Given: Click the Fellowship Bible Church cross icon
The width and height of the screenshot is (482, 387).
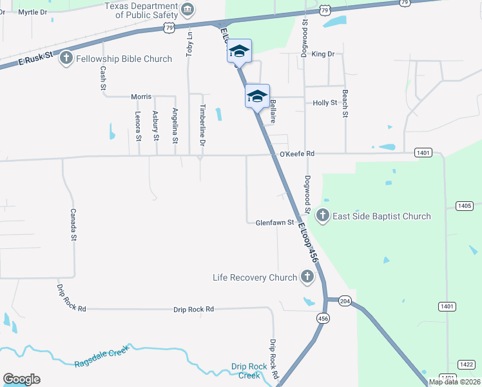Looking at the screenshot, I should pyautogui.click(x=66, y=59).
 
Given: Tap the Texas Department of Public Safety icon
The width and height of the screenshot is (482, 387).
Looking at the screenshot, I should pyautogui.click(x=188, y=8).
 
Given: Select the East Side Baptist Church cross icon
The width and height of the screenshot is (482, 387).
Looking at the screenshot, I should pyautogui.click(x=322, y=216).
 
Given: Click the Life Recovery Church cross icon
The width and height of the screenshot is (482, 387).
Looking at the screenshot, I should pyautogui.click(x=307, y=278).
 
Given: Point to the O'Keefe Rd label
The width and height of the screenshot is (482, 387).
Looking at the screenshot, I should pyautogui.click(x=296, y=154).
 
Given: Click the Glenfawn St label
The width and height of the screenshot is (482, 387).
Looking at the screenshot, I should pyautogui.click(x=275, y=223).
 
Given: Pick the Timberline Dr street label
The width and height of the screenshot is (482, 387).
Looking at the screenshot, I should pyautogui.click(x=202, y=123).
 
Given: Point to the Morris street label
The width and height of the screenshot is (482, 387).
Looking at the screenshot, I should pyautogui.click(x=141, y=96).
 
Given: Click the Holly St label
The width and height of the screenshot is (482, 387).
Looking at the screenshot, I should pyautogui.click(x=325, y=103).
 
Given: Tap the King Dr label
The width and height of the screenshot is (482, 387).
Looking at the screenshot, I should pyautogui.click(x=323, y=54).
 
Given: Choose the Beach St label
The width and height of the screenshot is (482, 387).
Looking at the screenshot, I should pyautogui.click(x=345, y=104).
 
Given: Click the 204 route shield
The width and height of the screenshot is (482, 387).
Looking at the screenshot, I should pyautogui.click(x=345, y=301).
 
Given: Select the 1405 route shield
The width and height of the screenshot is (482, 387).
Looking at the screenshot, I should pyautogui.click(x=463, y=205).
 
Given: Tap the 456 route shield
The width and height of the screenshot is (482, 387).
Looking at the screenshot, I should pyautogui.click(x=322, y=318).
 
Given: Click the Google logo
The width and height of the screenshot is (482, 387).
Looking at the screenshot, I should pyautogui.click(x=21, y=379).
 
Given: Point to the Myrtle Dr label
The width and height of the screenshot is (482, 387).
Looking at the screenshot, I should pyautogui.click(x=33, y=12).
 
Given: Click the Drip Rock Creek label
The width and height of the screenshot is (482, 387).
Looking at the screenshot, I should pyautogui.click(x=249, y=371).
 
